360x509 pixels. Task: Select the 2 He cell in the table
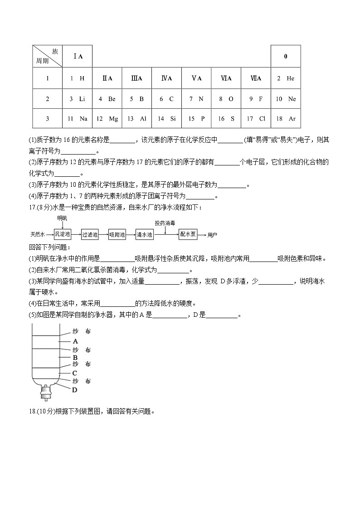coord(286,78)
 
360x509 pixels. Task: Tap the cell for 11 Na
coord(77,119)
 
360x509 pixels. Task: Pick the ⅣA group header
coord(166,78)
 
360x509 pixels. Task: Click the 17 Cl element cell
coord(256,119)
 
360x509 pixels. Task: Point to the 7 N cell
coord(196,99)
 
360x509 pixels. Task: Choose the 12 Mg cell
coord(107,119)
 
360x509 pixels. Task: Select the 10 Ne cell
coord(286,99)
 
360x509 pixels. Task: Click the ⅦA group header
coord(256,78)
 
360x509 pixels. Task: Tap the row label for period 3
coord(47,119)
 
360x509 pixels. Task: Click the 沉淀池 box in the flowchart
coord(63,234)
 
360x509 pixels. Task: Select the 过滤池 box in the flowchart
coord(90,234)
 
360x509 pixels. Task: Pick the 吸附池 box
coord(117,234)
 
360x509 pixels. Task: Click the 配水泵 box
coord(188,234)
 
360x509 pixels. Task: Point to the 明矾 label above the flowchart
coord(62,218)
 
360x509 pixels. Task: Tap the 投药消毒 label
coord(165,223)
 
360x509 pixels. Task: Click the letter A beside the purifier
coord(75,341)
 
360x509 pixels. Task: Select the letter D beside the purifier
coord(75,389)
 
